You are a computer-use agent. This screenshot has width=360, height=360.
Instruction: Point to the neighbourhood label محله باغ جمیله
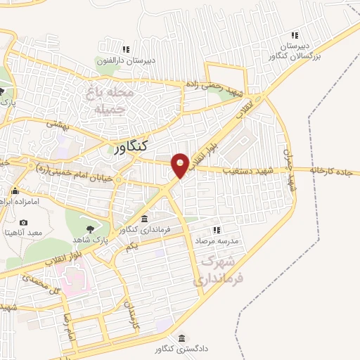point(108,101)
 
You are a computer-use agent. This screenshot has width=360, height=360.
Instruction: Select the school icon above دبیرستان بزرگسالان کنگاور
point(295,35)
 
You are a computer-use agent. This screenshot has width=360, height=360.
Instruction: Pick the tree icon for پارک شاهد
point(89,229)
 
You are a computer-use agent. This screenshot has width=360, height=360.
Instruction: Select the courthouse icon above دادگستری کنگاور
point(183,337)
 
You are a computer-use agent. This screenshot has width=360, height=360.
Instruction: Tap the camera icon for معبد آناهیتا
point(24,223)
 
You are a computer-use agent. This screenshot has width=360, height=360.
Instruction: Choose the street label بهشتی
point(56,122)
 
